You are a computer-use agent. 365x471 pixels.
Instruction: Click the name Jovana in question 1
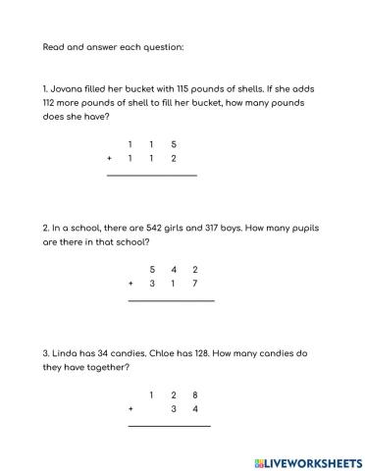pyautogui.click(x=69, y=88)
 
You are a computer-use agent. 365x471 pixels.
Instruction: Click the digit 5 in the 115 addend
pyautogui.click(x=174, y=143)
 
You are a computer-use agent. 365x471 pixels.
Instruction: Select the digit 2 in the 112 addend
pyautogui.click(x=174, y=158)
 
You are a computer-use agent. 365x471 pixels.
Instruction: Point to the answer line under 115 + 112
pyautogui.click(x=151, y=175)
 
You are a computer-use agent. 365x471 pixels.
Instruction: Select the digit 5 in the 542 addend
pyautogui.click(x=152, y=269)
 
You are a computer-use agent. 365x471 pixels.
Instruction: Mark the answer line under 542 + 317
pyautogui.click(x=171, y=300)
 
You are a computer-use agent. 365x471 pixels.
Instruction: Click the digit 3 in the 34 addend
pyautogui.click(x=174, y=409)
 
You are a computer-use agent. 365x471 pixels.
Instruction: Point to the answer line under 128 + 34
pyautogui.click(x=169, y=426)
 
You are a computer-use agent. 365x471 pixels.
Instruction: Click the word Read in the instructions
pyautogui.click(x=53, y=46)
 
